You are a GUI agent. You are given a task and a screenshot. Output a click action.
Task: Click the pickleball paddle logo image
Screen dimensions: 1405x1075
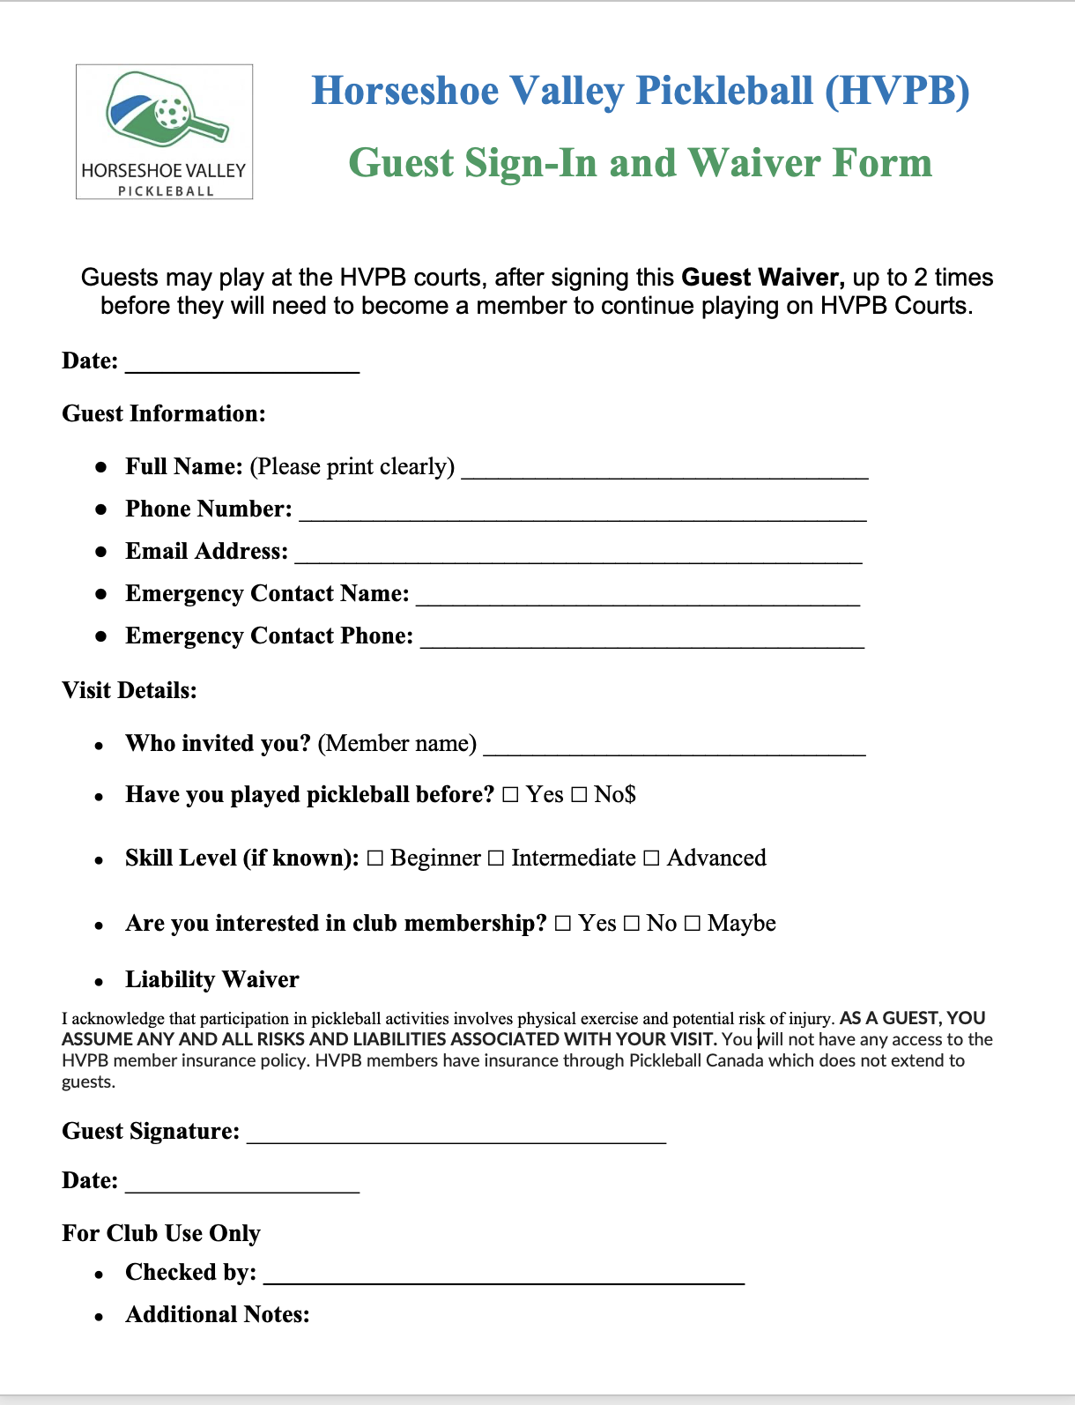[165, 130]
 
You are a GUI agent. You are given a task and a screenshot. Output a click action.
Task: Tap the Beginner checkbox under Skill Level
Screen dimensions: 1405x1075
[375, 859]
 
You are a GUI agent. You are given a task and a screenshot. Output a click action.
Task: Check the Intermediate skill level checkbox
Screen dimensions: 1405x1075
[496, 859]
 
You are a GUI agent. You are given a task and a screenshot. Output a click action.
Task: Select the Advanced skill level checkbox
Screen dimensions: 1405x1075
[651, 859]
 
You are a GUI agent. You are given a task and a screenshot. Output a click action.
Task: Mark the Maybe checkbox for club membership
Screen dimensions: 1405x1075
[693, 924]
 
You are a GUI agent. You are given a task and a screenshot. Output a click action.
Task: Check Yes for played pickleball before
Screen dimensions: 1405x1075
[511, 795]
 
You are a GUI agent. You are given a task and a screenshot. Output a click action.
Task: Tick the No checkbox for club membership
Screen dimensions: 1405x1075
[632, 924]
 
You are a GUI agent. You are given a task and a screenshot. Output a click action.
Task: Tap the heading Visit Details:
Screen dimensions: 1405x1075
[130, 690]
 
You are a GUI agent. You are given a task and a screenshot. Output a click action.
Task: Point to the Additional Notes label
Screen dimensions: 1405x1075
[218, 1314]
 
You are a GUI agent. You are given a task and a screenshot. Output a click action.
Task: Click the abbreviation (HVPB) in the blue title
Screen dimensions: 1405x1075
[897, 91]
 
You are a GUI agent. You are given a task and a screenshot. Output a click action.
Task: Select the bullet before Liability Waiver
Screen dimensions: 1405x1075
[100, 982]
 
